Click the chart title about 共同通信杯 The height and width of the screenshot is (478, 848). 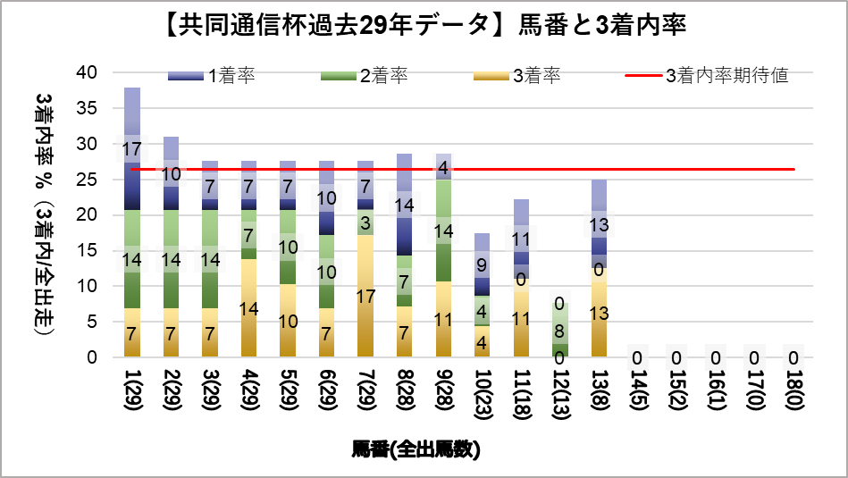424,25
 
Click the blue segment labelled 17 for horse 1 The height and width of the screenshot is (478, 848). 132,149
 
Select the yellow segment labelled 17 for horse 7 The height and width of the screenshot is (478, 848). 365,296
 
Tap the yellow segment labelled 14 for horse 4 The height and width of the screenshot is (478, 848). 249,308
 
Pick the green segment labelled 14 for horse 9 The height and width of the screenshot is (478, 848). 444,231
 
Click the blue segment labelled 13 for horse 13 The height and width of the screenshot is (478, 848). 600,224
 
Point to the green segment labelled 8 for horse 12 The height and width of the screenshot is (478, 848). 560,330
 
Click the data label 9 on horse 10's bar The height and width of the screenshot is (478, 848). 483,264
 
